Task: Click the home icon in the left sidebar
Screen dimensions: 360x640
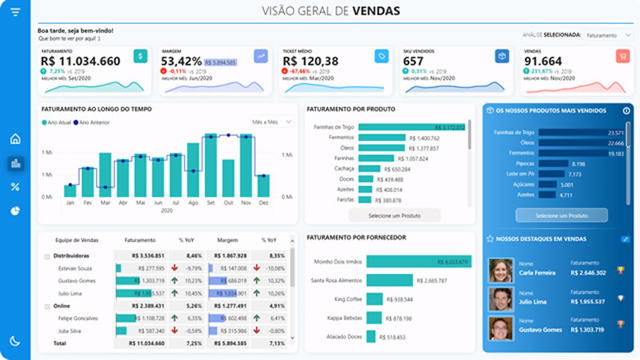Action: (x=14, y=139)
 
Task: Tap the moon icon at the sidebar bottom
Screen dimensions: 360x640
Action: (x=14, y=341)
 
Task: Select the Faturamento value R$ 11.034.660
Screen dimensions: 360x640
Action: (x=80, y=62)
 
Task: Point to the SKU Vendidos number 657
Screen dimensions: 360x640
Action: (x=414, y=62)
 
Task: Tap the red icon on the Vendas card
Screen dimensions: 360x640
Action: (x=622, y=56)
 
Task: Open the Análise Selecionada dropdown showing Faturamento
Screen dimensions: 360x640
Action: (x=608, y=35)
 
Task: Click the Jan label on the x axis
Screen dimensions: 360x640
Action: (x=70, y=203)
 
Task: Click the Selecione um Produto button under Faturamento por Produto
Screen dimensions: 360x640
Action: (x=389, y=216)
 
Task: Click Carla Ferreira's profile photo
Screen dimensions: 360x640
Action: (x=501, y=269)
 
